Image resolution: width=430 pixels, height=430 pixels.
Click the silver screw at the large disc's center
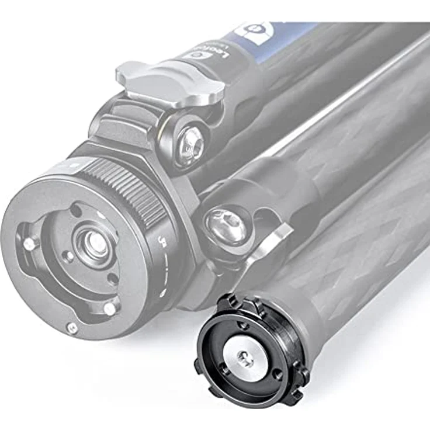pyautogui.click(x=93, y=241)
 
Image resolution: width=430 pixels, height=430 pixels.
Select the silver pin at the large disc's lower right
pyautogui.click(x=110, y=309)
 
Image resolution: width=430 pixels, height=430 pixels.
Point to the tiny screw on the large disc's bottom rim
pyautogui.click(x=72, y=328)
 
